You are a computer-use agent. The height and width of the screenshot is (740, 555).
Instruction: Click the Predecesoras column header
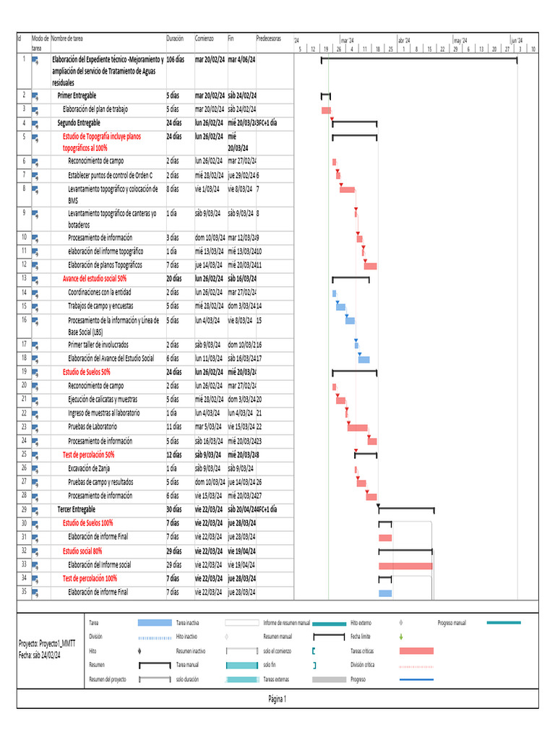(269, 38)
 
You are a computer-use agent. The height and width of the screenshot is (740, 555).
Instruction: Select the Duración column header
(175, 38)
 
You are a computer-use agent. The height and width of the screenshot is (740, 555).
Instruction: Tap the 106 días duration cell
(177, 59)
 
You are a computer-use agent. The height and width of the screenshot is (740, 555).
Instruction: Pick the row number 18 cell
(24, 358)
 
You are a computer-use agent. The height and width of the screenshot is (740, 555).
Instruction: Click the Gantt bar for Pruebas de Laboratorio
(357, 427)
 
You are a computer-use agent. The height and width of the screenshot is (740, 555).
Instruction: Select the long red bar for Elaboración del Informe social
(405, 565)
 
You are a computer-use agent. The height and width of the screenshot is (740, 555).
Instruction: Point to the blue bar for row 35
(385, 593)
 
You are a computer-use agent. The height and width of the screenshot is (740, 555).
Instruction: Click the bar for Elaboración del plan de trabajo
(326, 109)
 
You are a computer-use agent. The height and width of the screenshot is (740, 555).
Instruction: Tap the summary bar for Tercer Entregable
(405, 509)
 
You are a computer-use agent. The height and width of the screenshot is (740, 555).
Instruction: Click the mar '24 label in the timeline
(347, 40)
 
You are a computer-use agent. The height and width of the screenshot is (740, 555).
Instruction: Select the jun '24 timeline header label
(517, 40)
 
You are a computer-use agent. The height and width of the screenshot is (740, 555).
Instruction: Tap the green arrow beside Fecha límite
(401, 637)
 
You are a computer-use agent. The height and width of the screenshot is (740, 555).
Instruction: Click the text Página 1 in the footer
(277, 699)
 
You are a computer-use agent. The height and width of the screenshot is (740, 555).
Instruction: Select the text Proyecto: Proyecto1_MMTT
(46, 642)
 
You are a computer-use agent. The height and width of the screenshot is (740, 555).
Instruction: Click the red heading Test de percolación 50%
(88, 455)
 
